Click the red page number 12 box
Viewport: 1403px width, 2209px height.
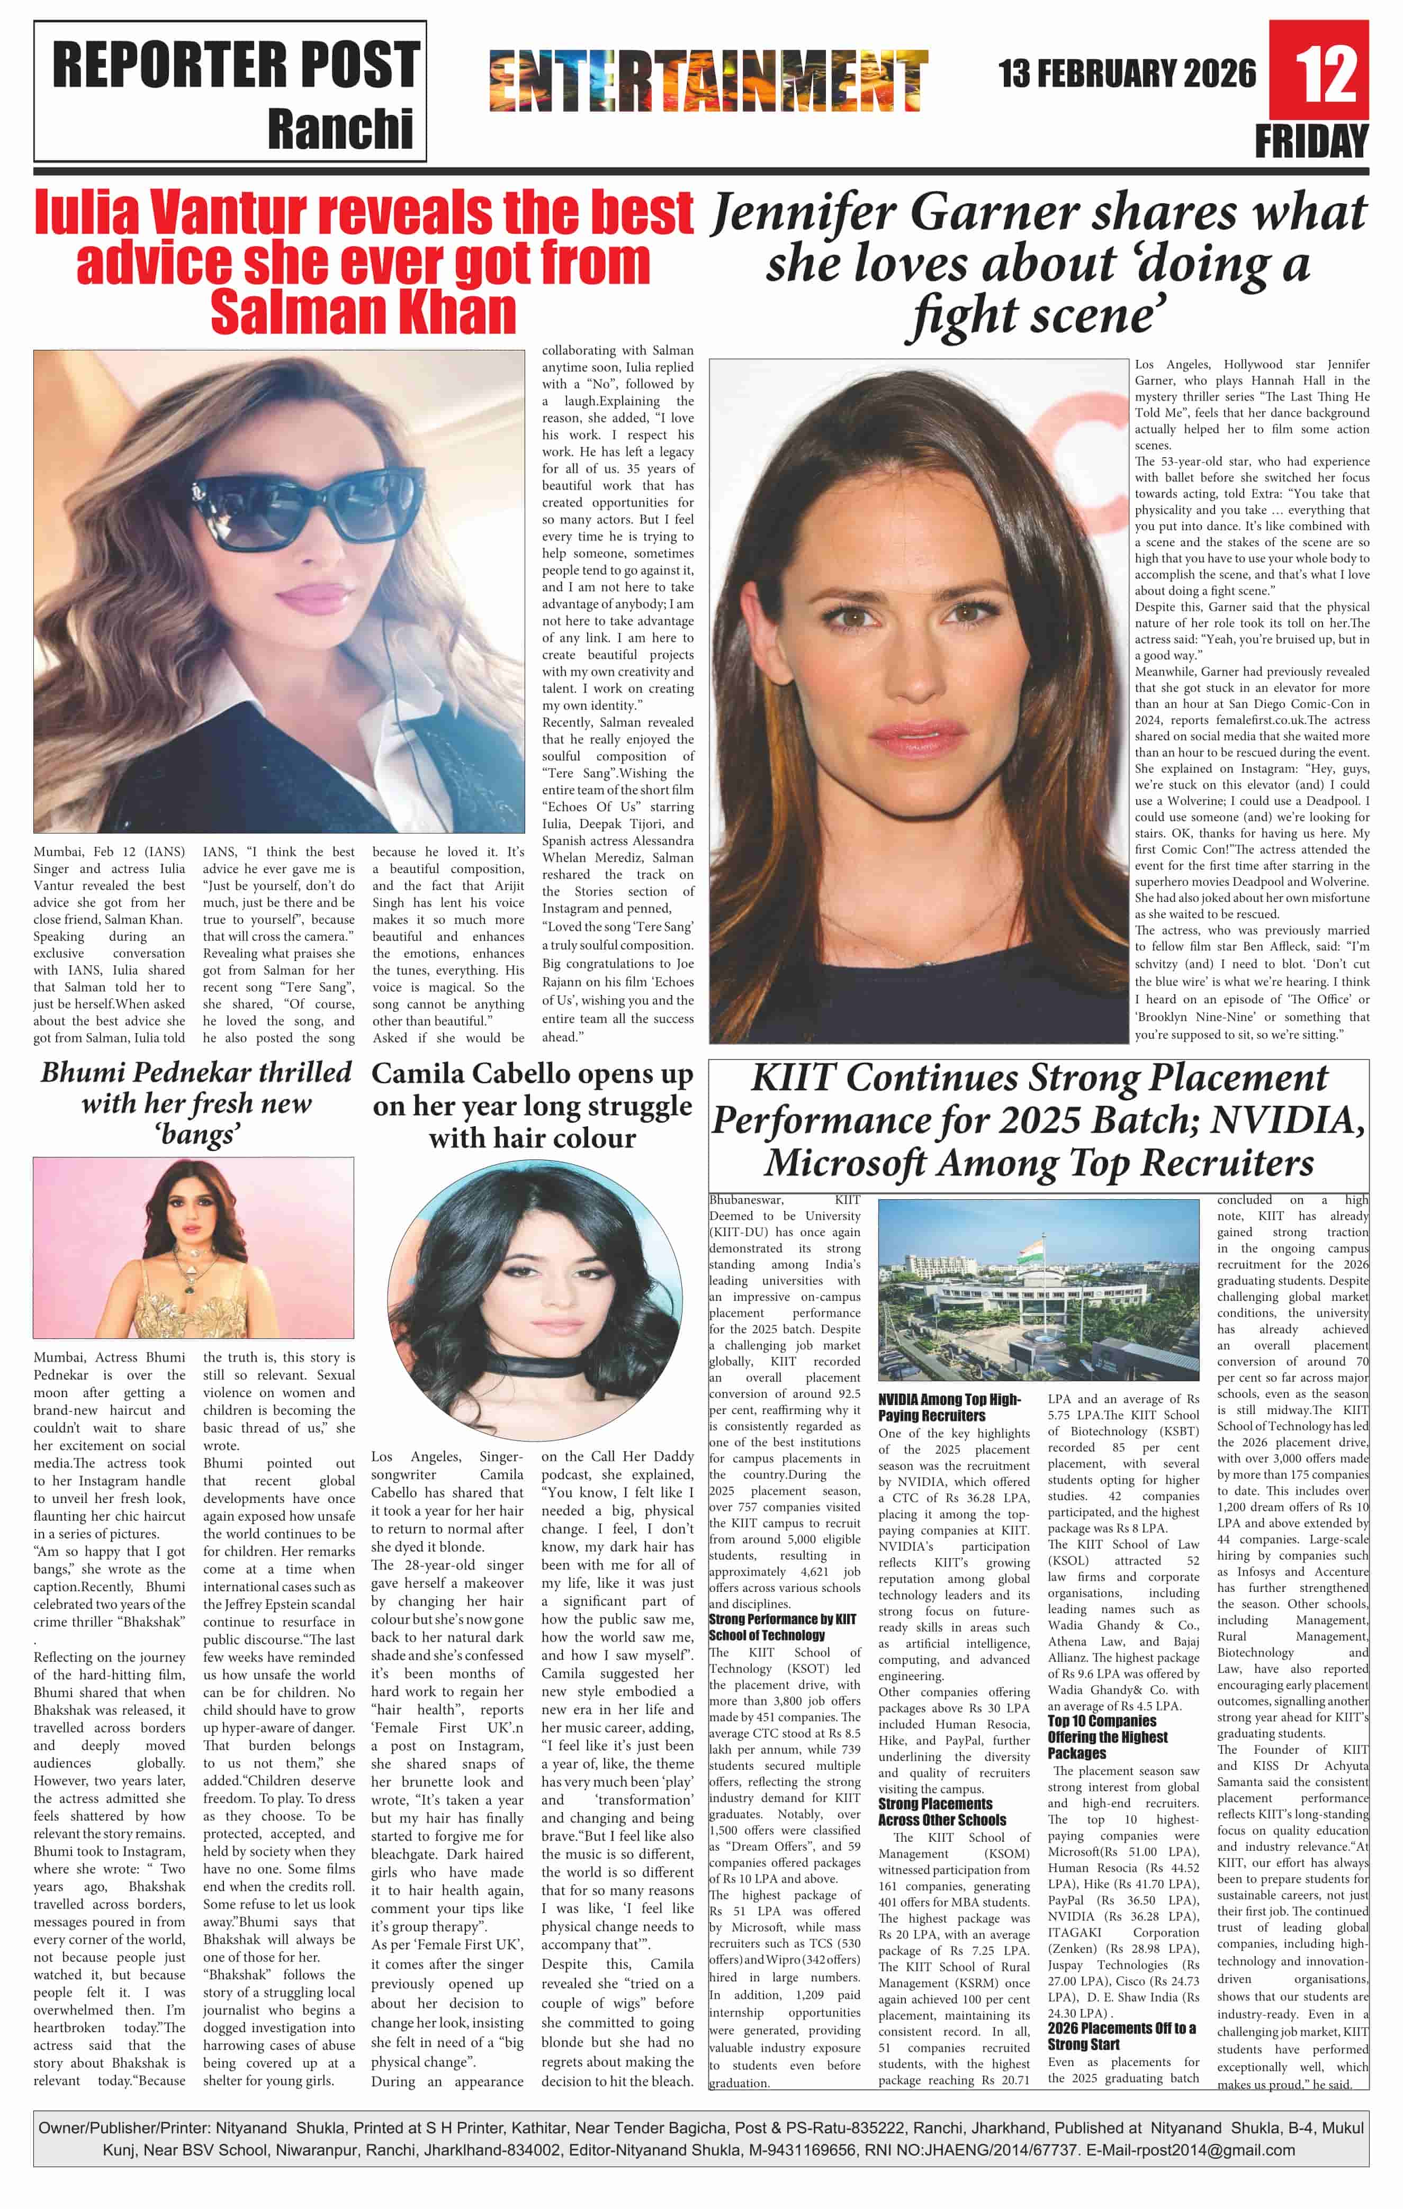(1319, 71)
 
